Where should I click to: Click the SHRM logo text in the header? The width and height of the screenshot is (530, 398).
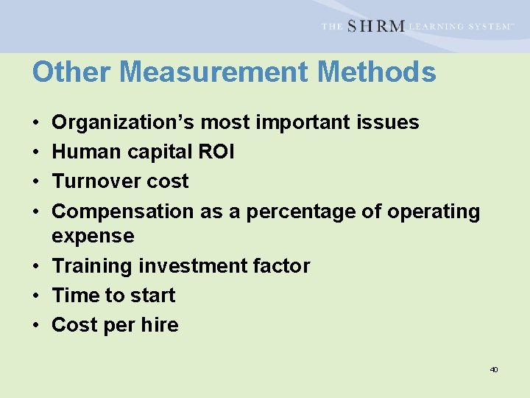coord(375,27)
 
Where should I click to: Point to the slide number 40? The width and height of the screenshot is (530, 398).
coord(494,369)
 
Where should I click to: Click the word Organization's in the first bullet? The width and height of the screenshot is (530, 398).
coord(124,122)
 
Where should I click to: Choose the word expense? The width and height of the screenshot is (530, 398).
coord(93,237)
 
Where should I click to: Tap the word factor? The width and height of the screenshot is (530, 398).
coord(283,266)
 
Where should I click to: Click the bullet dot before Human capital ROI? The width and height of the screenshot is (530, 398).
coord(36,153)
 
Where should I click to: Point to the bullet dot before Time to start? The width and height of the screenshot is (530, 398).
coord(36,296)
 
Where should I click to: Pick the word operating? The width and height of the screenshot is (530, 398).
coord(433,212)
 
